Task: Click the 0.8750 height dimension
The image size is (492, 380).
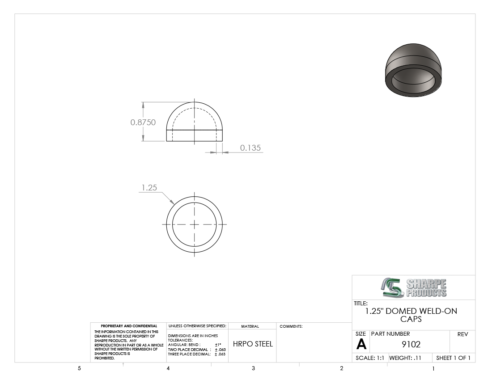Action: coord(143,122)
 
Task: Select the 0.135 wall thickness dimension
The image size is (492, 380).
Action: coord(250,148)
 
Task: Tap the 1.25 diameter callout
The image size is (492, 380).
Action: coord(149,187)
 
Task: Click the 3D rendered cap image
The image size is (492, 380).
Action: coord(413,70)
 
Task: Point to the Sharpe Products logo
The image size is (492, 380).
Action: coord(414,287)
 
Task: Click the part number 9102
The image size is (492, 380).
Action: coord(411,344)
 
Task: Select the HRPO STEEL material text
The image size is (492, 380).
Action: coord(253,344)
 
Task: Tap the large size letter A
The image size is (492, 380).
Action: coord(361,344)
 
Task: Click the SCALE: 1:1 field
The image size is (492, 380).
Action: coord(369,358)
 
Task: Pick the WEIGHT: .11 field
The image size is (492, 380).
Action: coord(405,358)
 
